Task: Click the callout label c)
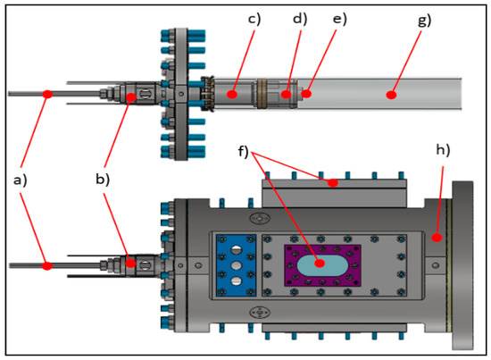pyautogui.click(x=254, y=19)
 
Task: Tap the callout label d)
pyautogui.click(x=300, y=19)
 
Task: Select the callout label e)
pyautogui.click(x=340, y=19)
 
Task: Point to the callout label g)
pyautogui.click(x=425, y=21)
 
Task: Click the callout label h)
pyautogui.click(x=443, y=150)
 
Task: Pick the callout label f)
pyautogui.click(x=243, y=151)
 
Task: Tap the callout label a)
pyautogui.click(x=21, y=180)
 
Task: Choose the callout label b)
pyautogui.click(x=103, y=180)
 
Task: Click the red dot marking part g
pyautogui.click(x=391, y=95)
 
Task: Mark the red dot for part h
pyautogui.click(x=437, y=238)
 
